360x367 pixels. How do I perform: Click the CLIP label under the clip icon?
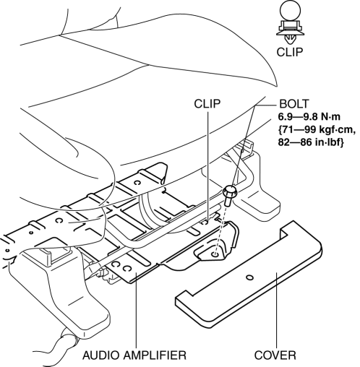click(x=289, y=52)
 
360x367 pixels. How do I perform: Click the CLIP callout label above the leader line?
click(x=207, y=104)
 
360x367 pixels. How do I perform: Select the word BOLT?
click(x=293, y=104)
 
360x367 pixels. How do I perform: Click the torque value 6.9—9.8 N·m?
click(x=309, y=117)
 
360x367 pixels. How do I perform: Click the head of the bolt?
click(x=230, y=191)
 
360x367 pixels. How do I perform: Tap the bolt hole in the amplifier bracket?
click(x=215, y=254)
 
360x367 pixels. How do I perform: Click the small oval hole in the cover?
click(x=250, y=277)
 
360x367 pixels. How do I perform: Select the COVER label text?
click(x=275, y=355)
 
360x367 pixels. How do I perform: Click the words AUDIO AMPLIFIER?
click(x=134, y=355)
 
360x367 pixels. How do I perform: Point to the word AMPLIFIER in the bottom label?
click(x=155, y=355)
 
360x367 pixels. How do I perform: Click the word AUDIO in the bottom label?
click(x=101, y=355)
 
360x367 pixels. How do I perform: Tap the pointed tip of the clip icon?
click(x=290, y=43)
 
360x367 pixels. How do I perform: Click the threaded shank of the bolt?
click(x=227, y=202)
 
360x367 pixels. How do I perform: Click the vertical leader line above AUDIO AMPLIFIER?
click(x=136, y=311)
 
